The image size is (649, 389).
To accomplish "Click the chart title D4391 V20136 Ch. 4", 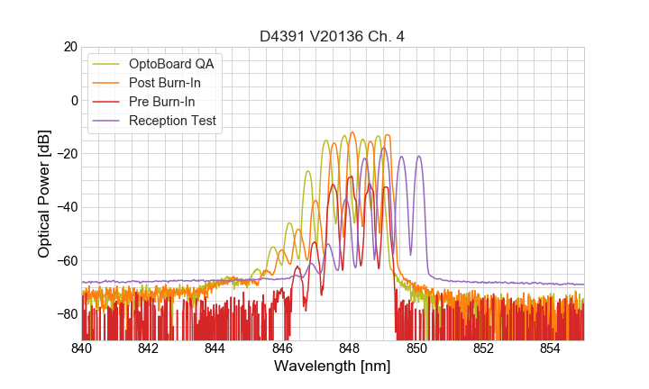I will (333, 36).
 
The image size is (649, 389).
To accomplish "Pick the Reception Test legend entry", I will (172, 121).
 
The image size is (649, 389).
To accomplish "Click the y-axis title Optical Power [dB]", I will (43, 193).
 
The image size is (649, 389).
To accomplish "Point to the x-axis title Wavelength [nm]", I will (333, 366).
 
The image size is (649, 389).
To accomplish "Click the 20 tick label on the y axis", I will (69, 47).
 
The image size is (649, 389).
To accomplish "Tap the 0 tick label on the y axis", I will (73, 100).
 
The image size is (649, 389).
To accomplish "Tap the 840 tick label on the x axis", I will (82, 348).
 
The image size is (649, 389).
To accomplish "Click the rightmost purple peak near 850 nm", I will (419, 157).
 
